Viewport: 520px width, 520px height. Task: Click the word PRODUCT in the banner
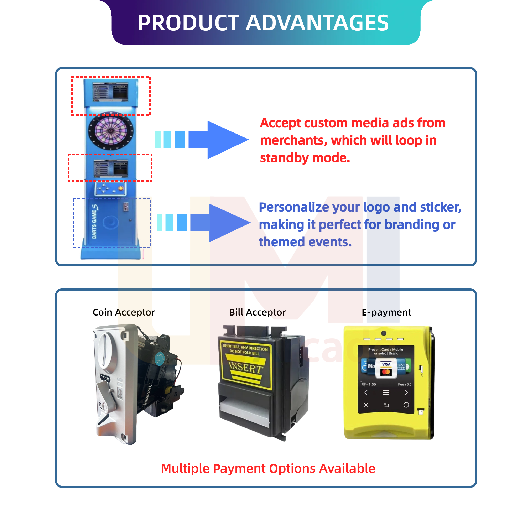188,23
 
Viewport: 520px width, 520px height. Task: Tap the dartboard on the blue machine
111,131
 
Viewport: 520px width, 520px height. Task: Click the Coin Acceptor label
124,312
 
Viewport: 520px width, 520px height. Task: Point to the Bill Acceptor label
257,312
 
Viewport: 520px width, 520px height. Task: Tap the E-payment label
386,312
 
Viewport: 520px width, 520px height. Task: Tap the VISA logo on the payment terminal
386,364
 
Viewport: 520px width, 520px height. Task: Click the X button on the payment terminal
366,405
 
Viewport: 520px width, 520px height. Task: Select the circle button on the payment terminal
406,405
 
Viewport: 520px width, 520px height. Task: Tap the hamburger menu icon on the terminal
386,393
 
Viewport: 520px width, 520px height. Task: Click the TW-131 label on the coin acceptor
105,378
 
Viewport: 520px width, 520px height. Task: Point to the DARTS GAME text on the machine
94,222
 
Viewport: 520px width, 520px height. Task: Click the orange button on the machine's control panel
121,188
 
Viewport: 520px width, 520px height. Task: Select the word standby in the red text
284,158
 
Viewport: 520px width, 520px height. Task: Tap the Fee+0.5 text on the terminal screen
405,384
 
